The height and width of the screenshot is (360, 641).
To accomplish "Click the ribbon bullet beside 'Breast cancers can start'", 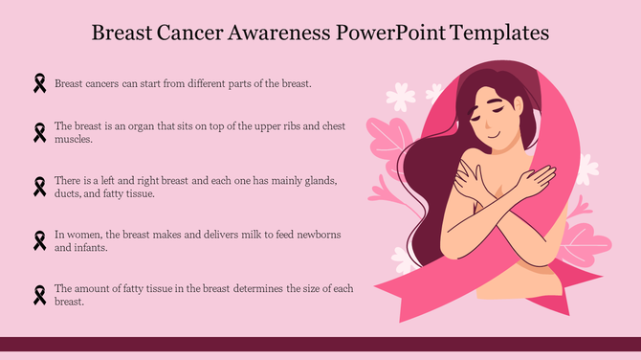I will pyautogui.click(x=39, y=84).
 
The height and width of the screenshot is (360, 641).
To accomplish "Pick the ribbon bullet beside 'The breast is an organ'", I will pyautogui.click(x=39, y=131).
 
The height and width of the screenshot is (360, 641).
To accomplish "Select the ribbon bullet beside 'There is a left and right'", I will pyautogui.click(x=39, y=186).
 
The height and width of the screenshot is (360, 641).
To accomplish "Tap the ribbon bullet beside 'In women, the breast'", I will pyautogui.click(x=39, y=240).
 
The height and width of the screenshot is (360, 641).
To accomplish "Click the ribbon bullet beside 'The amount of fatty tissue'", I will pyautogui.click(x=39, y=294).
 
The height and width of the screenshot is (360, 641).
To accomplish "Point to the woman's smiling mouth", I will pyautogui.click(x=494, y=137).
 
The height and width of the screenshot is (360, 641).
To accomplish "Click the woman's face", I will pyautogui.click(x=492, y=119).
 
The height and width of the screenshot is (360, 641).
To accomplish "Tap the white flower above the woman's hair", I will pyautogui.click(x=401, y=96).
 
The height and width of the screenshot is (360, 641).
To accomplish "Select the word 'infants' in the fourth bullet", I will pyautogui.click(x=94, y=247).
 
